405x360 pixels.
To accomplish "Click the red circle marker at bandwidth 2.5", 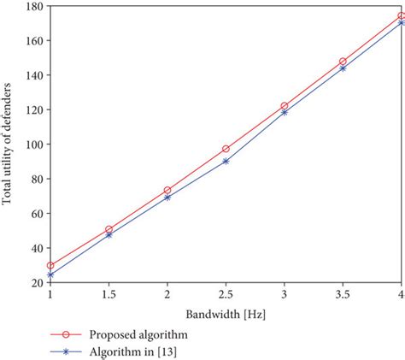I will [x=226, y=149].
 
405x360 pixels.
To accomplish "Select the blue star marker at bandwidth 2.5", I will [x=226, y=161].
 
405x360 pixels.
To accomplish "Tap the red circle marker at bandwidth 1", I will [x=50, y=266].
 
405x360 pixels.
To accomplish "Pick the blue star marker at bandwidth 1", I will [x=50, y=275].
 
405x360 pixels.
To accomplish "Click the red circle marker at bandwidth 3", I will [x=285, y=106].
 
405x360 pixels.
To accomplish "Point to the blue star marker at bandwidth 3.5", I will [x=343, y=68].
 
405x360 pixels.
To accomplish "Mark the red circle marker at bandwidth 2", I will [x=167, y=190].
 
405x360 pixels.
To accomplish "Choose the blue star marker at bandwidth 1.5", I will [x=109, y=234].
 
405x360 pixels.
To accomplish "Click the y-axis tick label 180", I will [x=35, y=6].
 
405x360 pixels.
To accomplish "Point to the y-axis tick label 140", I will [x=35, y=75].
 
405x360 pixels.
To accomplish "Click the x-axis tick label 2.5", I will [x=226, y=294].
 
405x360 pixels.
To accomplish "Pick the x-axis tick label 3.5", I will [x=343, y=294].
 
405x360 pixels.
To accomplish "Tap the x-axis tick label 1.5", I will [x=109, y=294].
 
